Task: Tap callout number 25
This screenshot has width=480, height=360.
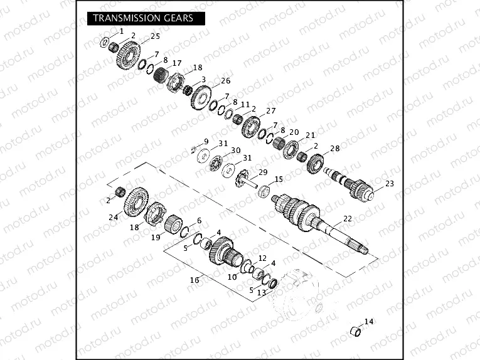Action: click(155, 36)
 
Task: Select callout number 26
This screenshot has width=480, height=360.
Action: click(226, 81)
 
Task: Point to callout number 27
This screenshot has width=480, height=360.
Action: click(271, 110)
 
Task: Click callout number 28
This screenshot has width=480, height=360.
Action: click(335, 149)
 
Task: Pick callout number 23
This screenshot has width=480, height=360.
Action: click(389, 184)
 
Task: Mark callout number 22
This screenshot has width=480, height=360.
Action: click(348, 218)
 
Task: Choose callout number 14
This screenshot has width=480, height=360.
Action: click(369, 322)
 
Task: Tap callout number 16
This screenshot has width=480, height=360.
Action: click(195, 280)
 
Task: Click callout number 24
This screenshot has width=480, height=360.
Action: click(114, 218)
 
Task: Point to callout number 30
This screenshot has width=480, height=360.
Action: click(236, 151)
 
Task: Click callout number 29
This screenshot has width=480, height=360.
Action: click(263, 172)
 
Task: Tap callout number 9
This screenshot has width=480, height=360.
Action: click(206, 141)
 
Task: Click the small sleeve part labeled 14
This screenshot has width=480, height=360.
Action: click(355, 331)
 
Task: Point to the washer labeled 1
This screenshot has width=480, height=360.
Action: click(105, 42)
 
